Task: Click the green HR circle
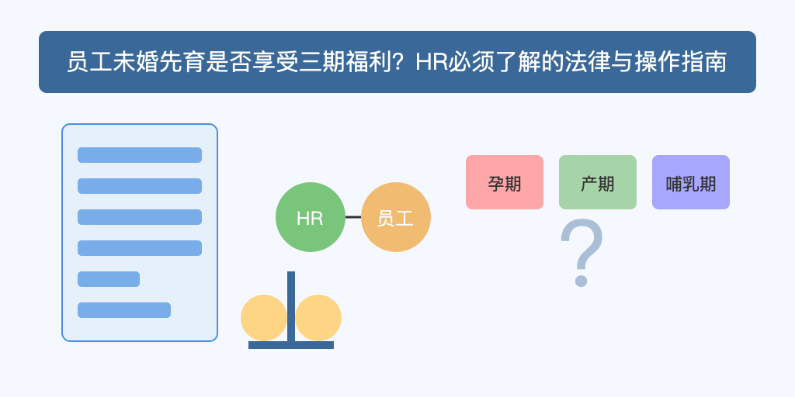(311, 217)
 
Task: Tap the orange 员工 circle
(396, 217)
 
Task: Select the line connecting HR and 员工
(353, 217)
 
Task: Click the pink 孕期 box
(505, 182)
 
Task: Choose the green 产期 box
(598, 182)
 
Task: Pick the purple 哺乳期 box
(691, 182)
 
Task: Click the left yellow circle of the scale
(264, 318)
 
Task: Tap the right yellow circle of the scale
(318, 318)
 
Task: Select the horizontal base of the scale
(291, 345)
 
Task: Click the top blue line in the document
(140, 155)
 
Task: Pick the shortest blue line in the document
(109, 279)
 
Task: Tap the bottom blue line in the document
(124, 310)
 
